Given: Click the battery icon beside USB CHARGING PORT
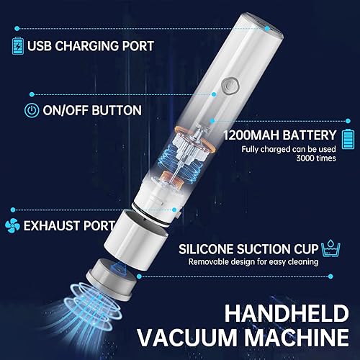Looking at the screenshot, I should click(18, 46).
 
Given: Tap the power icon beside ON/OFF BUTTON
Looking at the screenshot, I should click(32, 111).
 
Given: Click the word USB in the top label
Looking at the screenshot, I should click(42, 46).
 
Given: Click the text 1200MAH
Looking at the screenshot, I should click(249, 135).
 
